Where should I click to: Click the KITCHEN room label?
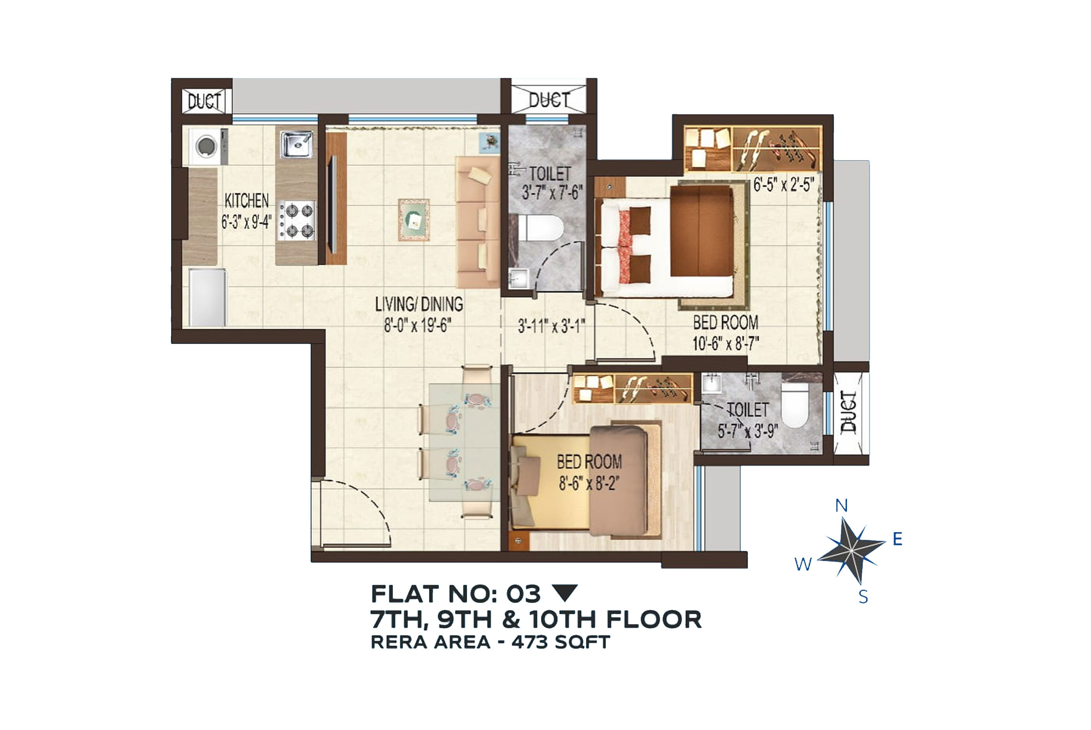[x=246, y=201]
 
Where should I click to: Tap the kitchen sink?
[x=297, y=144]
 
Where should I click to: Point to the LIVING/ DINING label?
[x=419, y=304]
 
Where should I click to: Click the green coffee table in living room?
[x=414, y=220]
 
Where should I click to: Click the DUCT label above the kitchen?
[x=204, y=101]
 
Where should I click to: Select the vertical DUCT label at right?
[x=849, y=412]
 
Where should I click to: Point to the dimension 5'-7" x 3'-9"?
[x=747, y=431]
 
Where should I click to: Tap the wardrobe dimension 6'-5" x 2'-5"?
[x=784, y=184]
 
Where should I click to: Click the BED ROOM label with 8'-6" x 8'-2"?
[x=589, y=462]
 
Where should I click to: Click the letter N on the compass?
[x=841, y=505]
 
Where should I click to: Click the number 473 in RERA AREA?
[x=529, y=642]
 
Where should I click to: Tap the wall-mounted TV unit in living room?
[x=336, y=198]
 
